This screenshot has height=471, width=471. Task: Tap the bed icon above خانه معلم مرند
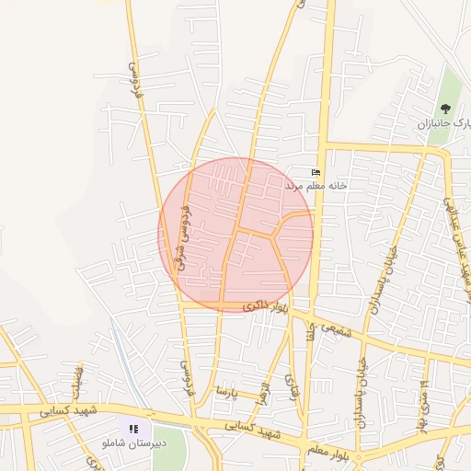click(316, 172)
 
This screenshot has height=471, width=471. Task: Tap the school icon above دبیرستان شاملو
click(133, 429)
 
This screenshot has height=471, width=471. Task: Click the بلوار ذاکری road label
click(265, 308)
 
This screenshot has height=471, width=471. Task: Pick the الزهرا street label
click(264, 395)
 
